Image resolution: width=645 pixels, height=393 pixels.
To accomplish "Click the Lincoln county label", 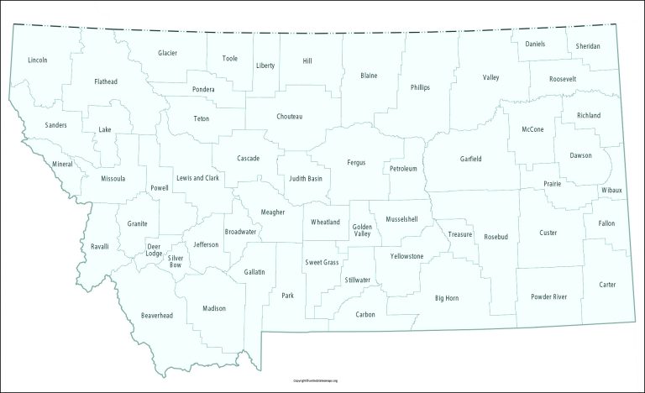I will click(x=37, y=60).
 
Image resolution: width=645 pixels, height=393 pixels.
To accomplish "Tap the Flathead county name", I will click(x=106, y=81).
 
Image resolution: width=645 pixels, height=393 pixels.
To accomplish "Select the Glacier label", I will click(x=167, y=53).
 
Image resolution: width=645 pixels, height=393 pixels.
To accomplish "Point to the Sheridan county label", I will click(x=588, y=45).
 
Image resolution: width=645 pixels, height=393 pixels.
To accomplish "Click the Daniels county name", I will click(x=535, y=43).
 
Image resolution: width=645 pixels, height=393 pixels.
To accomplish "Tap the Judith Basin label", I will click(x=306, y=179).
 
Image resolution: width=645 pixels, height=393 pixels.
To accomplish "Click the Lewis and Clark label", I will click(x=197, y=178).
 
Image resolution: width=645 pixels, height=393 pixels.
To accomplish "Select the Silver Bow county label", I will click(x=176, y=261).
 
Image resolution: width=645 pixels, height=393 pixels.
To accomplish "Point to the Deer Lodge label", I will click(x=154, y=250).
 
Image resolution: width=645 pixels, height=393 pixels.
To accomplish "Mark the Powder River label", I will click(x=548, y=296).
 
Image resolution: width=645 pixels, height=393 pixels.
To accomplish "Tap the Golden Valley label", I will click(x=362, y=230).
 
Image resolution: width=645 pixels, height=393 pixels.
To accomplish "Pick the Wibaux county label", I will click(x=611, y=191).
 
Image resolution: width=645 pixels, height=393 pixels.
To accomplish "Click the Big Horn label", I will click(x=446, y=298).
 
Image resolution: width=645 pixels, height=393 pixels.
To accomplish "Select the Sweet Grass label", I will click(x=321, y=263).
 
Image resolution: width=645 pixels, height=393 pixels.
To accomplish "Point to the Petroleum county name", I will click(x=403, y=169).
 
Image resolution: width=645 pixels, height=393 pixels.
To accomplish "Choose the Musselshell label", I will click(x=407, y=219).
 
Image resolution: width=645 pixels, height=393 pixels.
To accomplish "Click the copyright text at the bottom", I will click(x=322, y=380).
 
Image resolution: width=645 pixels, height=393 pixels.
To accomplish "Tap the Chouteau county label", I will click(x=289, y=116).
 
